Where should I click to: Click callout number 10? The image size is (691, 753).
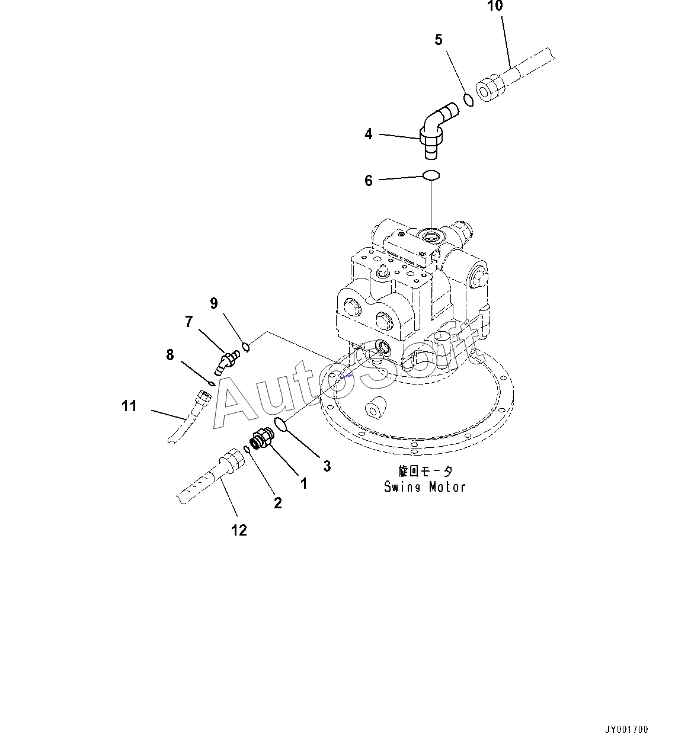pyautogui.click(x=495, y=7)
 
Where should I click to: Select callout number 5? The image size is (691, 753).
pyautogui.click(x=439, y=40)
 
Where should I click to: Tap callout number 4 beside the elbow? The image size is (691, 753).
pyautogui.click(x=369, y=134)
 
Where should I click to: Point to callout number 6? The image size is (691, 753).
pyautogui.click(x=369, y=180)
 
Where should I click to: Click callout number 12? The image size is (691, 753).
pyautogui.click(x=238, y=530)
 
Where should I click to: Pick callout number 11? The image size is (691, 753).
pyautogui.click(x=129, y=406)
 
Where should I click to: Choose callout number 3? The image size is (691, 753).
pyautogui.click(x=327, y=466)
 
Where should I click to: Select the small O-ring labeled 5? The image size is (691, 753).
pyautogui.click(x=468, y=99)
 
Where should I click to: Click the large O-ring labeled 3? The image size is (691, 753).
pyautogui.click(x=281, y=424)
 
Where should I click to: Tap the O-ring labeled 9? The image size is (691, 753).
pyautogui.click(x=246, y=346)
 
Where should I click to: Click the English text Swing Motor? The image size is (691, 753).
pyautogui.click(x=425, y=487)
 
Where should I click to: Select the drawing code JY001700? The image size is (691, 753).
pyautogui.click(x=626, y=729)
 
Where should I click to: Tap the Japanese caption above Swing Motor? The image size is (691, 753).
pyautogui.click(x=425, y=472)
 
